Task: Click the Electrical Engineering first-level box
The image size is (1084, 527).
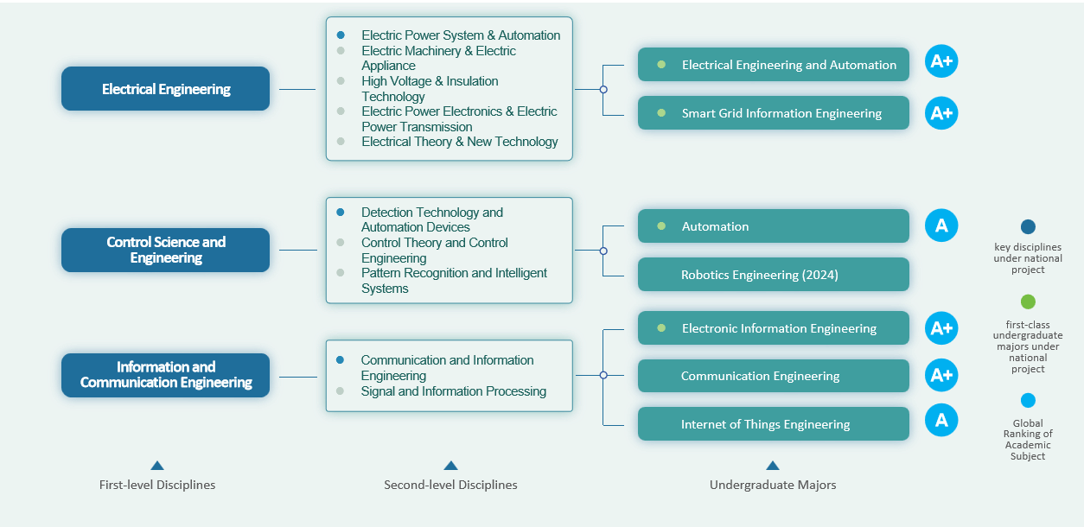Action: tap(165, 89)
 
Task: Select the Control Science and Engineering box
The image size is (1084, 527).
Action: tap(165, 250)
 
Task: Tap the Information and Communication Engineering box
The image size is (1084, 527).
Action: tap(165, 375)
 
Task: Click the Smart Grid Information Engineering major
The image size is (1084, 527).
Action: tap(773, 113)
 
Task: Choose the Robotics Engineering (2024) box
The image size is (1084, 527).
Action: tap(773, 275)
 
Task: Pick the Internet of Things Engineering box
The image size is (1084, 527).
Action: tap(773, 424)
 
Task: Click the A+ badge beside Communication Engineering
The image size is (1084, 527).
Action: tap(941, 375)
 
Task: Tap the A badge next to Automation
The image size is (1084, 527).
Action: tap(941, 225)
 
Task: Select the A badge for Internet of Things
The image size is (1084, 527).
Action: tap(941, 421)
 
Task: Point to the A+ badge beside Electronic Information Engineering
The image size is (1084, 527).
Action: tap(941, 327)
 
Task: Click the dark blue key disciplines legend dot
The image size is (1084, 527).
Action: tap(1028, 227)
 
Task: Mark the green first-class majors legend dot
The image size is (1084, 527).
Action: tap(1028, 302)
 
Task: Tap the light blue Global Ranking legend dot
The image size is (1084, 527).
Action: tap(1028, 400)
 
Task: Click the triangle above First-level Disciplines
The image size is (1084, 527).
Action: tap(156, 466)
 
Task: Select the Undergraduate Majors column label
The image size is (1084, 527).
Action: tap(773, 485)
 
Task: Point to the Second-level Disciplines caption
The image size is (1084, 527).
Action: tap(450, 485)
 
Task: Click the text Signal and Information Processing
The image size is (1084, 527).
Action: tap(454, 391)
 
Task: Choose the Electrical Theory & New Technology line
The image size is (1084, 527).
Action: tap(460, 142)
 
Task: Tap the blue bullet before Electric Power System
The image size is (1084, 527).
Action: tap(341, 35)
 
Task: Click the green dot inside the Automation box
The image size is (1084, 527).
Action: tap(661, 226)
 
